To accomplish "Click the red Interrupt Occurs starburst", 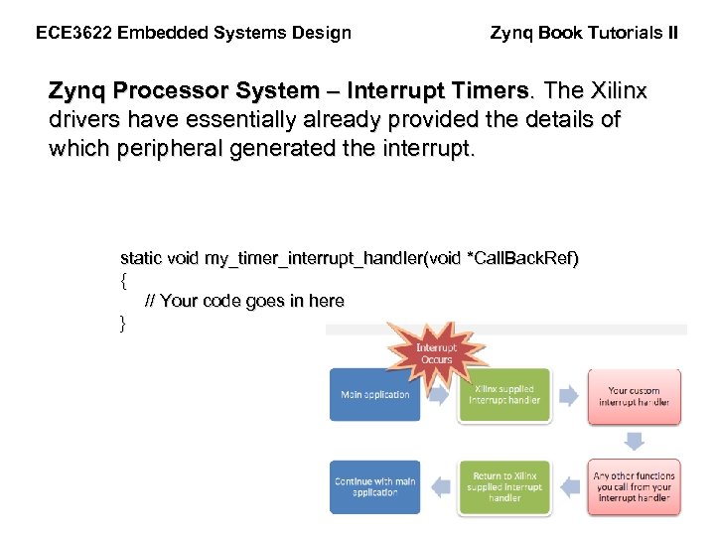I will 436,353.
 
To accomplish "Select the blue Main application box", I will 374,395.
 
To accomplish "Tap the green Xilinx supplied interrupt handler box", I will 503,395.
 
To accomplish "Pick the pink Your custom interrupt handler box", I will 634,396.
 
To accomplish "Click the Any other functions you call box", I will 634,486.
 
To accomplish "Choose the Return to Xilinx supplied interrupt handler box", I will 503,486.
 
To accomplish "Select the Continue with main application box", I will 374,486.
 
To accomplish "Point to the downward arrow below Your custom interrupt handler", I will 634,441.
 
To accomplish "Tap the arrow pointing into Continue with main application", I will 439,486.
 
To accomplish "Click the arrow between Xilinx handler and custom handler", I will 568,396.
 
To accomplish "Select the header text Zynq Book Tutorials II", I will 584,33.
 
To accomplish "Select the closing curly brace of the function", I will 123,322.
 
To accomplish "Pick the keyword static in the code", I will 141,258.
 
